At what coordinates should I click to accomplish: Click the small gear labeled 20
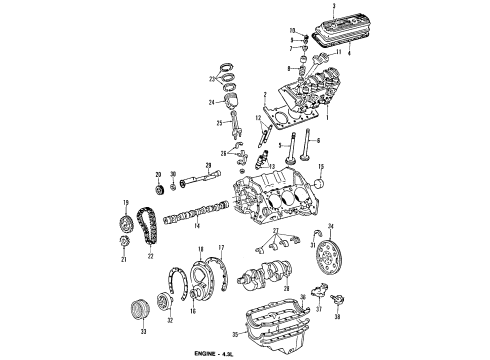click(x=157, y=186)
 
